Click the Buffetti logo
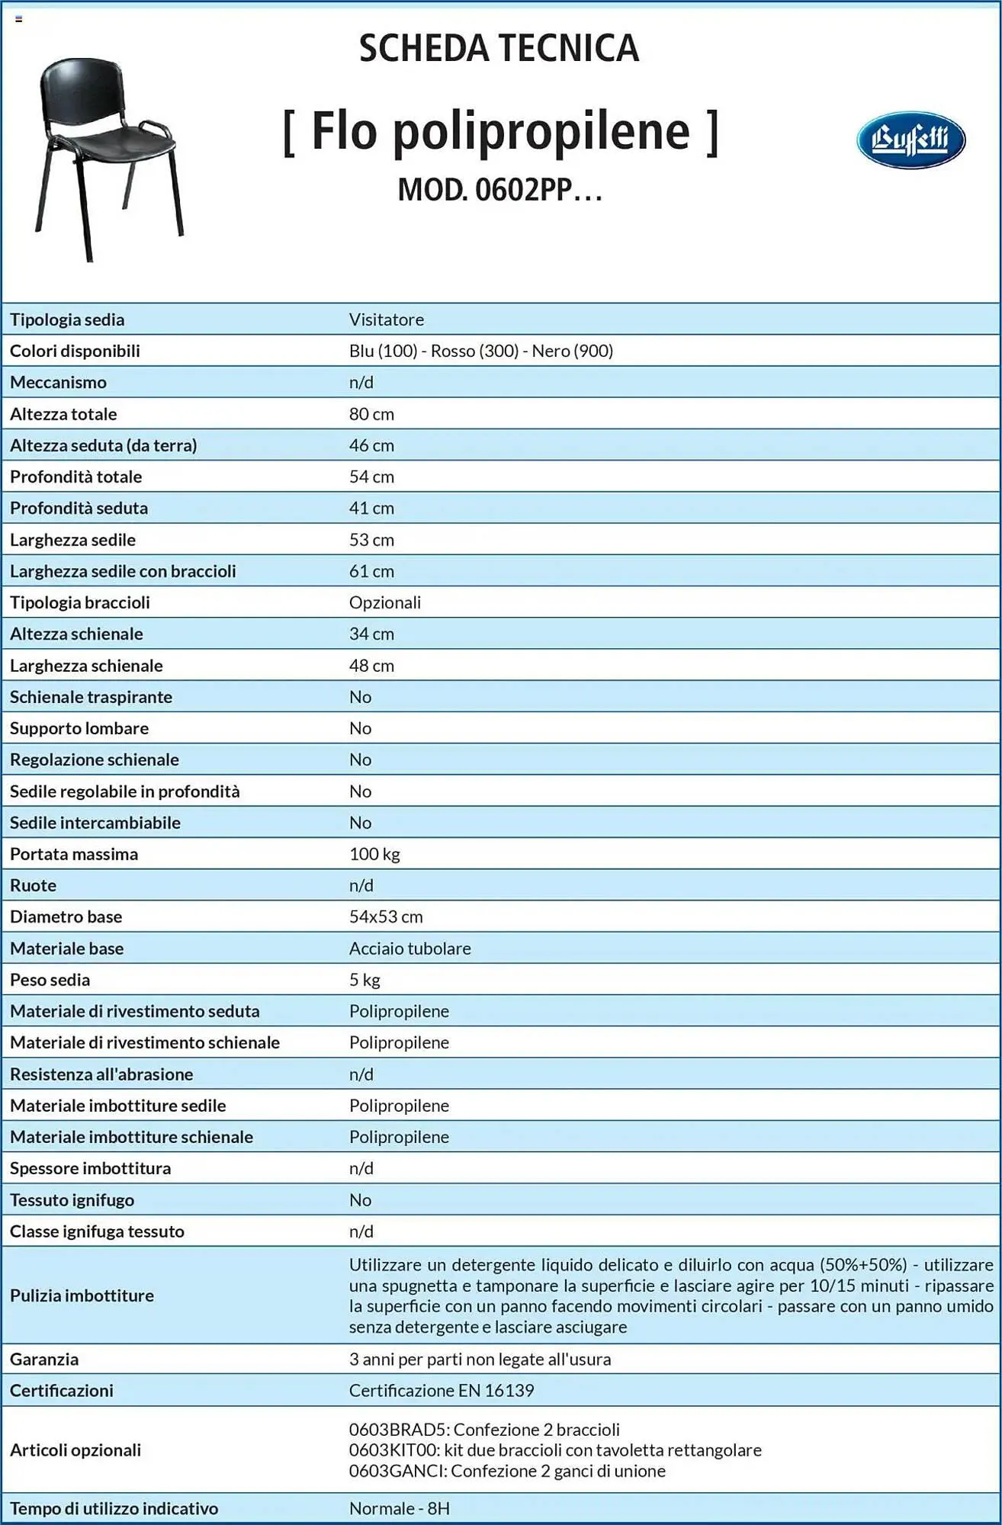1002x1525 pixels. (910, 140)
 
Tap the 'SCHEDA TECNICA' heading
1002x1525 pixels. (499, 48)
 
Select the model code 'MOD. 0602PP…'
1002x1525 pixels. (499, 190)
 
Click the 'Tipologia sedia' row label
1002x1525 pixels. (67, 319)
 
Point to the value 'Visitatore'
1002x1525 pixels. (387, 319)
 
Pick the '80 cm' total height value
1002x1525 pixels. (371, 414)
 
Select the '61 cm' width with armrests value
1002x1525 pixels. (371, 571)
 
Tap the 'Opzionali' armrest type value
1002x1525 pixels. (385, 602)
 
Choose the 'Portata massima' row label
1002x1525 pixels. (74, 854)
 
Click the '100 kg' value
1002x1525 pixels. (374, 854)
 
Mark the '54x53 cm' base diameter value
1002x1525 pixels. (386, 917)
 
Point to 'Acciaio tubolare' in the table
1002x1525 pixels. (410, 949)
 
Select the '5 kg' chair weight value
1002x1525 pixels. (365, 980)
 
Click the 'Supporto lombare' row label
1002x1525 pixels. (79, 728)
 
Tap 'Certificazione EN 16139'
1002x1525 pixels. (442, 1390)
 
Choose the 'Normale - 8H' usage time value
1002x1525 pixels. (400, 1508)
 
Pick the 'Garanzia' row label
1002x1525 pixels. (44, 1359)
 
